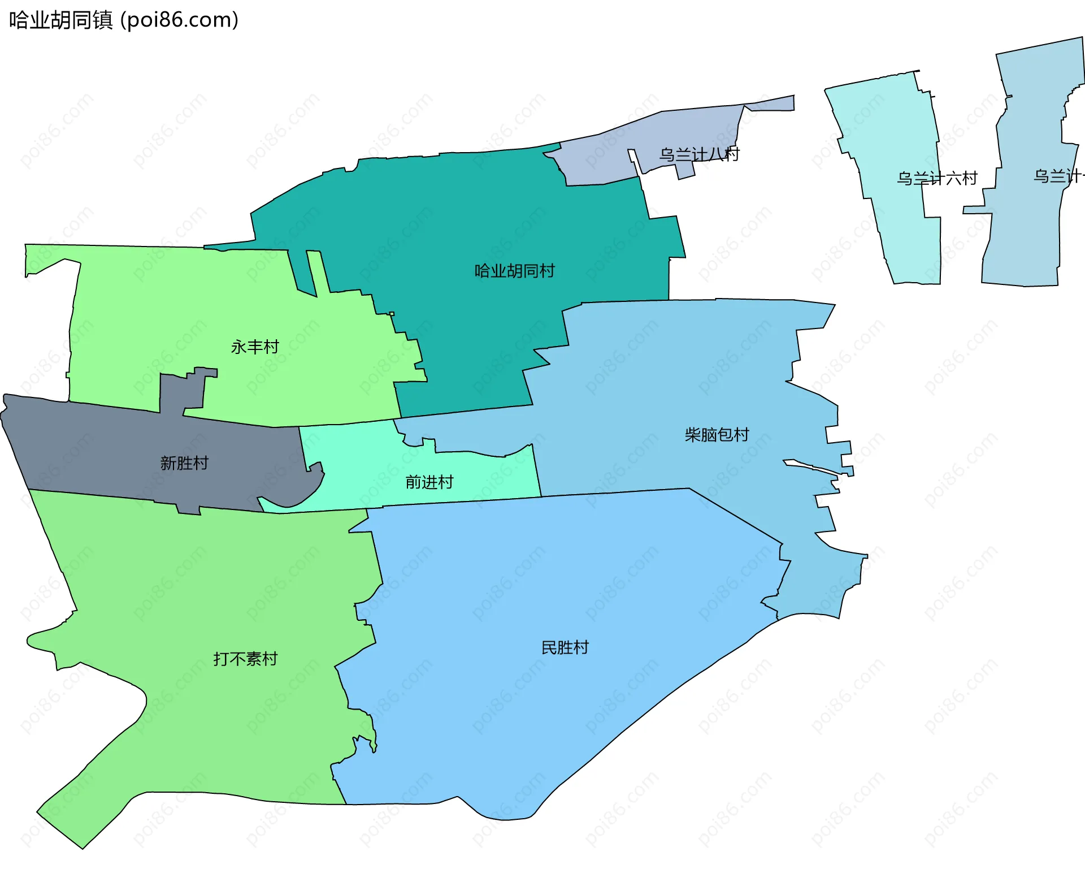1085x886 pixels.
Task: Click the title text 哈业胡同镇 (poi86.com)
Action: (x=124, y=20)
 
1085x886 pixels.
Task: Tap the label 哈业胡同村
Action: (x=514, y=271)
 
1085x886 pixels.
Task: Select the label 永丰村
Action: (x=255, y=347)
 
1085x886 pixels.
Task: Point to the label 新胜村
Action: (x=184, y=463)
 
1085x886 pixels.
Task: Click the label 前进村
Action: (x=429, y=482)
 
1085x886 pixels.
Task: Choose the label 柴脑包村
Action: (x=717, y=434)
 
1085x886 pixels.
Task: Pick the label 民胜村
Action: (x=565, y=647)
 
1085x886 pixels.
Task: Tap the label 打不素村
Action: (x=245, y=659)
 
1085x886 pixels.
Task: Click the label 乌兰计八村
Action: (x=699, y=154)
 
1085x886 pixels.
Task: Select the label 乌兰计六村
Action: (x=937, y=179)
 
